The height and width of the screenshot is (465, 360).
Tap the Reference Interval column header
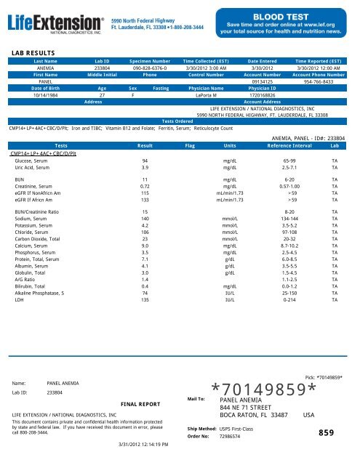pos(292,145)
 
